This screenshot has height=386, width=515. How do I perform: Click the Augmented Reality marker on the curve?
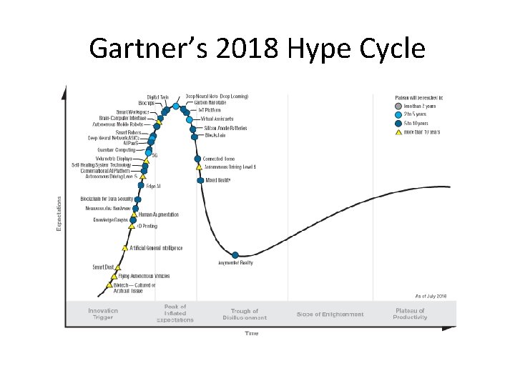(235, 254)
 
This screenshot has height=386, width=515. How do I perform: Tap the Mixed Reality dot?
(200, 180)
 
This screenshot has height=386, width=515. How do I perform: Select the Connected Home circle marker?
(197, 159)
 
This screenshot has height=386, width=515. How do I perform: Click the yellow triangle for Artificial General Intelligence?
(125, 248)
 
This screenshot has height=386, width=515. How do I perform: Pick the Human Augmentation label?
(159, 214)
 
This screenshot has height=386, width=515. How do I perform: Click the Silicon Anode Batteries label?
(225, 128)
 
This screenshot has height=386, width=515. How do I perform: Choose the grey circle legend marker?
(398, 106)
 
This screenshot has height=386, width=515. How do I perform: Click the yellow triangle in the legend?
(398, 132)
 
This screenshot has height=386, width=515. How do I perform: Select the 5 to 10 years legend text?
(420, 123)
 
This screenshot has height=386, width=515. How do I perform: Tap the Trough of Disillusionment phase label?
(245, 315)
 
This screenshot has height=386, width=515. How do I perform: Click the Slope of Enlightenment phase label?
(330, 315)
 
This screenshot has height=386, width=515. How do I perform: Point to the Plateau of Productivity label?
(410, 315)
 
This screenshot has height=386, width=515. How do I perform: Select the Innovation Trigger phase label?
(103, 315)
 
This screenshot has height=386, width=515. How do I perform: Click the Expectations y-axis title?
(59, 213)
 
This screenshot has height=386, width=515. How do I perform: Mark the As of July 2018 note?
(431, 295)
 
